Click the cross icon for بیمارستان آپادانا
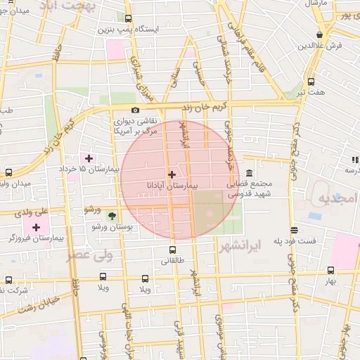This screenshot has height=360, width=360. (172, 174)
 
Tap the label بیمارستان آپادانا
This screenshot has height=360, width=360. (172, 186)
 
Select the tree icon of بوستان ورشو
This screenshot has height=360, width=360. (112, 214)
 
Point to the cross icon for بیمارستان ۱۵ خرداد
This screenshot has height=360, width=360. (88, 157)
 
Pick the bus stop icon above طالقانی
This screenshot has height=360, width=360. (172, 250)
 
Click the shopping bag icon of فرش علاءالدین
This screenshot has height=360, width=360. (320, 34)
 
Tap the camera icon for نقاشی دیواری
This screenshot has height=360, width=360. (136, 110)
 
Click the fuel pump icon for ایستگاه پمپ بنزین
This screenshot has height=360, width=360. (129, 19)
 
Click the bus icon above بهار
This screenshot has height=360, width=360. (330, 270)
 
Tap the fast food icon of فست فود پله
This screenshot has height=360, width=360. (292, 230)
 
